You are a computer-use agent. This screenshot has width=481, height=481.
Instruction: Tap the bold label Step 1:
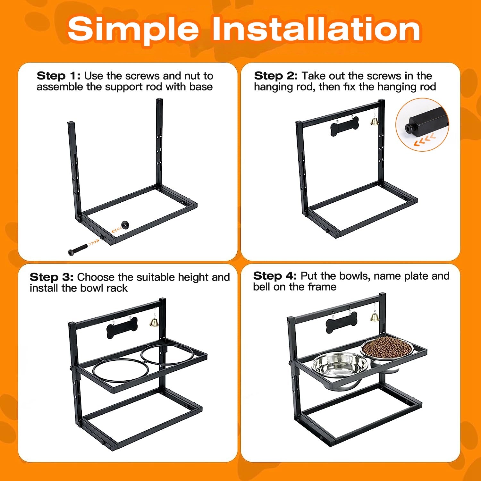(59, 76)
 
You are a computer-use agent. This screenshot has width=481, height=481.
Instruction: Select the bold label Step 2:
(276, 76)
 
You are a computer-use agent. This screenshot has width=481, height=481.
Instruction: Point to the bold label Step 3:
(51, 277)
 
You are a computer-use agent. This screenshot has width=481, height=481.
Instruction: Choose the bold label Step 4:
(275, 276)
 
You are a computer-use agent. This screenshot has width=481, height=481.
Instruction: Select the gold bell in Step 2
(374, 121)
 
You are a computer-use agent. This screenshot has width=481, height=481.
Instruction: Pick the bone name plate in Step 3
(122, 327)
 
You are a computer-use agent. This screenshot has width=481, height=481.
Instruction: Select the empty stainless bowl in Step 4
(340, 369)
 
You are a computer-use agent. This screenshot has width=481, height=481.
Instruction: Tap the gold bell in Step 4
(375, 317)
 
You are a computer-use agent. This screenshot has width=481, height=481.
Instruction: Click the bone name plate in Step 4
(342, 323)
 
